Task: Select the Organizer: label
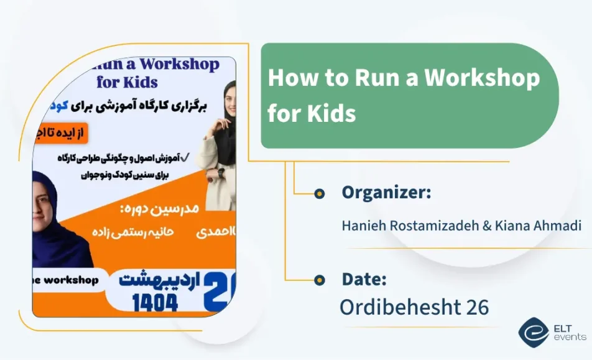(386, 193)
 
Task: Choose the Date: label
(364, 280)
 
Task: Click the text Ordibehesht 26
(414, 307)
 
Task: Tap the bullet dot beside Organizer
(320, 194)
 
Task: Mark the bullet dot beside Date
(320, 280)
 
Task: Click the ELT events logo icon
(534, 333)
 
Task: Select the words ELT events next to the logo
(569, 333)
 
